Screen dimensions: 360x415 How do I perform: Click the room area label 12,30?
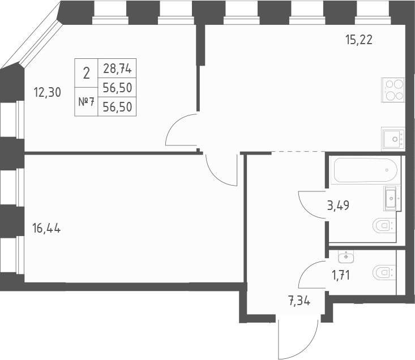click(x=47, y=93)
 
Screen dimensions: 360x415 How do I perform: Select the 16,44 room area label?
click(x=47, y=229)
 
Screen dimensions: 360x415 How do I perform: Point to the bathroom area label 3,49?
click(x=338, y=205)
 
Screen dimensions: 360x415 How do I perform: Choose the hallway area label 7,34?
click(x=298, y=300)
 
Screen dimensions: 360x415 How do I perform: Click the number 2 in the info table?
click(x=86, y=72)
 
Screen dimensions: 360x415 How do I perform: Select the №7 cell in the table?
click(x=86, y=102)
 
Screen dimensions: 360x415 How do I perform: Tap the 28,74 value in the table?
click(x=117, y=68)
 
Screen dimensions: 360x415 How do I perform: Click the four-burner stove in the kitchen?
click(x=393, y=89)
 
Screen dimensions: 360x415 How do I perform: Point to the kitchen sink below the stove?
click(x=393, y=138)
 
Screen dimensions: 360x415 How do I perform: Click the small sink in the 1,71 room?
click(x=345, y=256)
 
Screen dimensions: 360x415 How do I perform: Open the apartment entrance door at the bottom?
click(x=295, y=340)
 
